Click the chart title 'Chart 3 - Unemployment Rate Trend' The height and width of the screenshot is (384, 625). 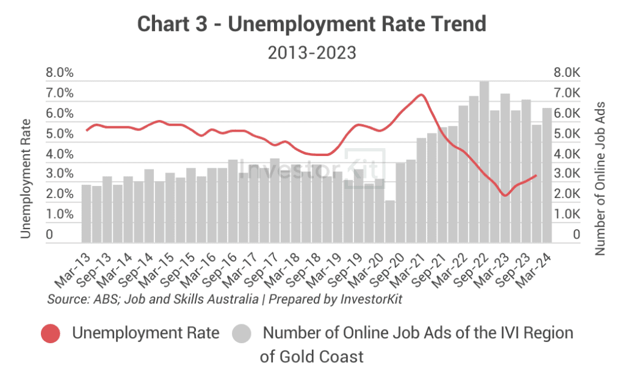pyautogui.click(x=312, y=24)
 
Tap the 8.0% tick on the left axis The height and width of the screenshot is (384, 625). pyautogui.click(x=60, y=73)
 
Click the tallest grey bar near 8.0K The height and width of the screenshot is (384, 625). pyautogui.click(x=484, y=162)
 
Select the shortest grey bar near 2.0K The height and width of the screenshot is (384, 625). pyautogui.click(x=390, y=222)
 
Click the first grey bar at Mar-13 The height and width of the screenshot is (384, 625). pyautogui.click(x=86, y=213)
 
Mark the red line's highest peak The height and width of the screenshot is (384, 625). pyautogui.click(x=421, y=94)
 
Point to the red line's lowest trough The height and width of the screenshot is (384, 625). pyautogui.click(x=505, y=195)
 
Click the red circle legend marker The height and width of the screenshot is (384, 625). pyautogui.click(x=51, y=333)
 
